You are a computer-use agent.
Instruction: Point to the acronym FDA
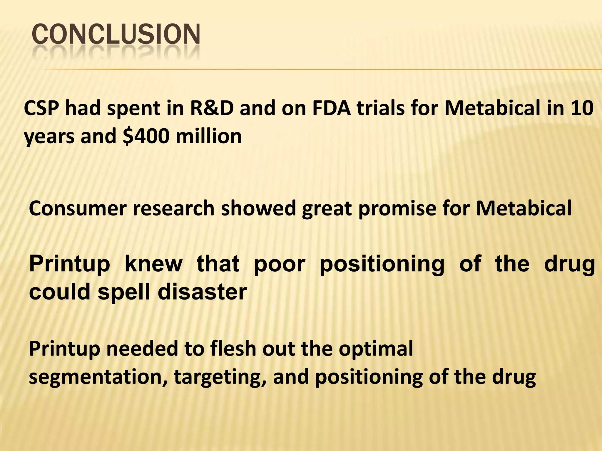pos(332,108)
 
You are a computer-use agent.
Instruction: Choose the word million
pos(209,137)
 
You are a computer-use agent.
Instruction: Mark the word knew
pos(153,264)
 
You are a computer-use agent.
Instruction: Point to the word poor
pos(279,265)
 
